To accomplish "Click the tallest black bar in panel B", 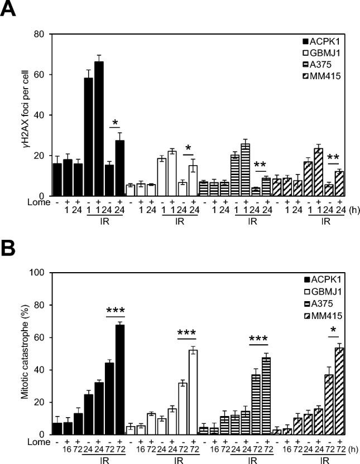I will click(x=120, y=379).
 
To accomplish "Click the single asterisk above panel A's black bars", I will click(x=114, y=123).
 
